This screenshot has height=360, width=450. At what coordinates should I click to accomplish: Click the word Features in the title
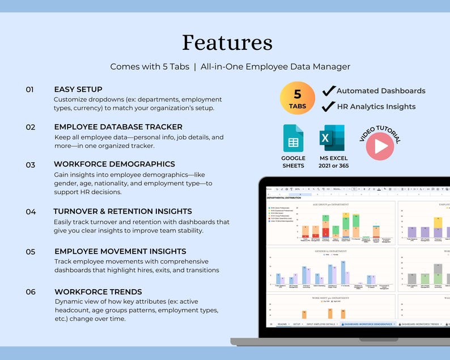227,43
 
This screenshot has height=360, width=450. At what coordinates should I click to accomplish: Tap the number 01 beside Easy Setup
30,90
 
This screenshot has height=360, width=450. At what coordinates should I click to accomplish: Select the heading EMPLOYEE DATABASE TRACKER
118,127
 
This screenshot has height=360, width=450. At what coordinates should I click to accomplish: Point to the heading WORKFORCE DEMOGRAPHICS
114,164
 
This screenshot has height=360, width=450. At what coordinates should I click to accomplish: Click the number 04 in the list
30,211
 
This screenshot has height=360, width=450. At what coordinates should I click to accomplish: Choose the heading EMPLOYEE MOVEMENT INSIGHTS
120,251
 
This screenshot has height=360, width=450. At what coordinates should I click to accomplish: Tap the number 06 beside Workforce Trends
30,292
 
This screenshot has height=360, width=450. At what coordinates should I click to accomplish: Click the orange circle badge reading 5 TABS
297,98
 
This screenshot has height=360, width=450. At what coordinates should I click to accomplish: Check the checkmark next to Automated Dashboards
329,91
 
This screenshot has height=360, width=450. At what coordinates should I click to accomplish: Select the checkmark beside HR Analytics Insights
329,106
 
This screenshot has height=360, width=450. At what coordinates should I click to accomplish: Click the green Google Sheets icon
293,138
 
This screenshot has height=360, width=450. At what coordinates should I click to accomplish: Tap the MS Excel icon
332,138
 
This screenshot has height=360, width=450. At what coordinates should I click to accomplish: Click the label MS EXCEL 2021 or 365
334,162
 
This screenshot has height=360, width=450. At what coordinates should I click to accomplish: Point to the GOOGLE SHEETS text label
293,162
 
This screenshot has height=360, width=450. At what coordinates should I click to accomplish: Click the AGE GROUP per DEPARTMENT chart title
330,204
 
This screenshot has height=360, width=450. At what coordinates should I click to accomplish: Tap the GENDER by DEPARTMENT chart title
330,251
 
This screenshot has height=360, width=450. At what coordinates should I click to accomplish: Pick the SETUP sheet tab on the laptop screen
296,324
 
